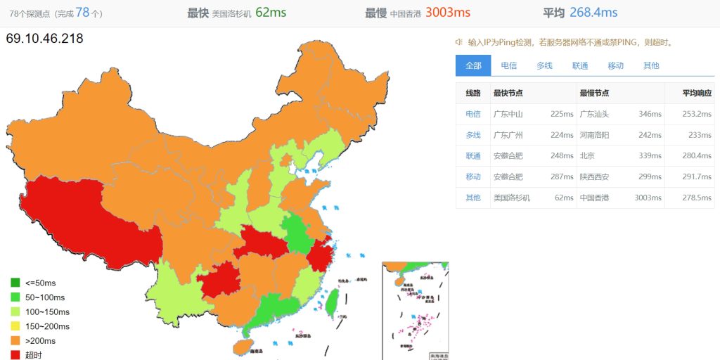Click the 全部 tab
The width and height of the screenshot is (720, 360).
click(x=473, y=65)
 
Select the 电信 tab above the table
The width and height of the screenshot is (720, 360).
click(x=508, y=65)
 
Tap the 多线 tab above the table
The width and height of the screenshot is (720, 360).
click(x=544, y=65)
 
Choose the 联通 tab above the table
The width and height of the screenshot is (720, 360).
click(x=580, y=65)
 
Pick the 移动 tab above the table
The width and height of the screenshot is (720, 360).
click(x=615, y=65)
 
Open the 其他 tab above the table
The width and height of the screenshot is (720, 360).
click(x=651, y=65)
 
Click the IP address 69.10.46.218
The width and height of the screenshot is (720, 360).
click(x=44, y=39)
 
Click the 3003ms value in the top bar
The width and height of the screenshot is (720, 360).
click(x=447, y=13)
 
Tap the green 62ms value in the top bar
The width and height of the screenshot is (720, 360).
click(x=271, y=13)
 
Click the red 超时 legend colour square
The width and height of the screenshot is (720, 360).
click(x=15, y=355)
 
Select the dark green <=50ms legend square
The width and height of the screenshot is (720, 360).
click(x=15, y=283)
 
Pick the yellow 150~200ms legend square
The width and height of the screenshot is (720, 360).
click(x=15, y=326)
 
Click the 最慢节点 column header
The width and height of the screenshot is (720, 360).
click(x=594, y=94)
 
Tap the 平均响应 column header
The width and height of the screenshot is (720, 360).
click(x=697, y=94)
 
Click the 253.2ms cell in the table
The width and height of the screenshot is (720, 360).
click(x=697, y=114)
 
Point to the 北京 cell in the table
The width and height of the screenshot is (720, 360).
click(x=587, y=156)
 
